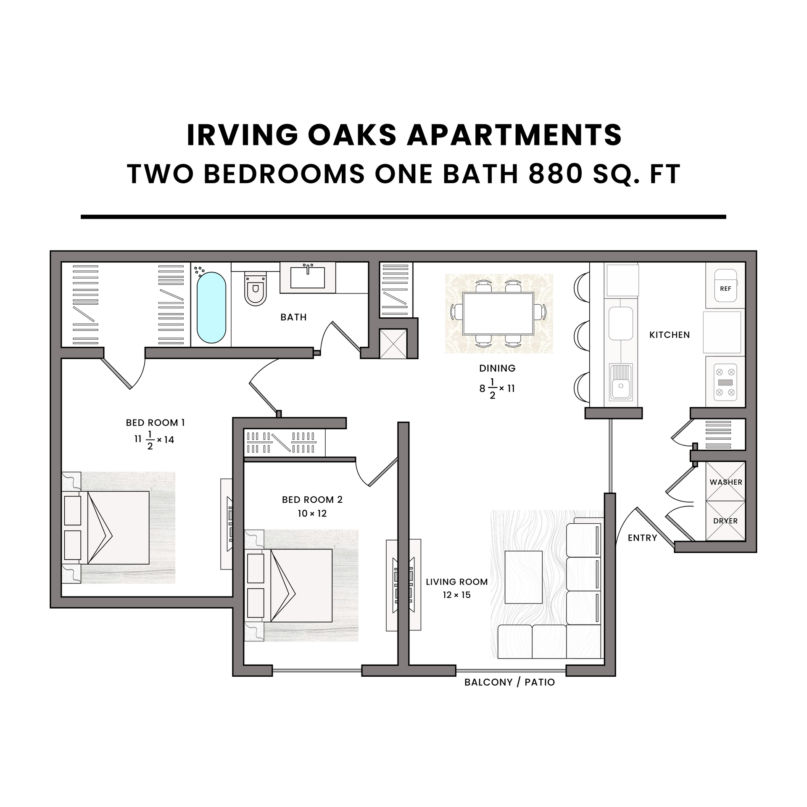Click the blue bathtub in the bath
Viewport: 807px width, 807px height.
[x=211, y=307]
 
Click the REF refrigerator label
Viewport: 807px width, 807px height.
[x=725, y=289]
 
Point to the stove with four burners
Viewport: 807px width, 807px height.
[x=725, y=382]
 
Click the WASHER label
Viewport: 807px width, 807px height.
[x=726, y=482]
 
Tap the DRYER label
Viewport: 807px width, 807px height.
[x=725, y=521]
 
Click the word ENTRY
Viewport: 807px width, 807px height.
[x=642, y=538]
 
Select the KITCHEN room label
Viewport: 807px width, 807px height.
[x=670, y=335]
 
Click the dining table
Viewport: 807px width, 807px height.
[x=498, y=314]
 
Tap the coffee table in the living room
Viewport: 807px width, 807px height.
[x=523, y=577]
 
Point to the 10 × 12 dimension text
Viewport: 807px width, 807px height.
[x=312, y=513]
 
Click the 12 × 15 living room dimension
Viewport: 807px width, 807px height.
[x=456, y=595]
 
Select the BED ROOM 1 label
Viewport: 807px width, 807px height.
[x=155, y=422]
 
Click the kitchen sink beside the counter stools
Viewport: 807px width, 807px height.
[x=620, y=382]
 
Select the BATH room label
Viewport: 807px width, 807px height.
[x=293, y=317]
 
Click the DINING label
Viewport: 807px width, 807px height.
[x=497, y=368]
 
